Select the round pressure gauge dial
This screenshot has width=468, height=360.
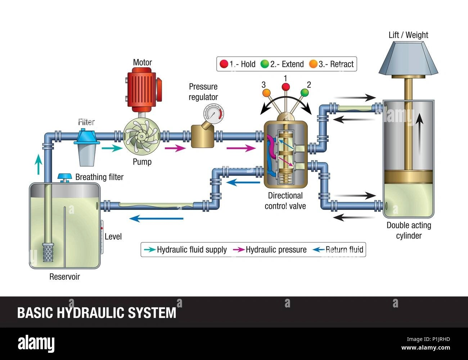pos(212,114)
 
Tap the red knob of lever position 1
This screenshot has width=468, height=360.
pos(286,87)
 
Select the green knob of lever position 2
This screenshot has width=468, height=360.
pos(305,93)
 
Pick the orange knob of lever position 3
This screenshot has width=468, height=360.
pos(266,93)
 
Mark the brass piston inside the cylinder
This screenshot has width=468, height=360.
pos(408,176)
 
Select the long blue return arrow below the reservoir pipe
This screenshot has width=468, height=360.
pos(157,218)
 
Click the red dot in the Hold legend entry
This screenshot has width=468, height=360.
pos(224,64)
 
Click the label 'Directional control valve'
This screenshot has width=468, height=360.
pos(285,201)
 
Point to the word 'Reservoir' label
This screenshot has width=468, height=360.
pos(64,276)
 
